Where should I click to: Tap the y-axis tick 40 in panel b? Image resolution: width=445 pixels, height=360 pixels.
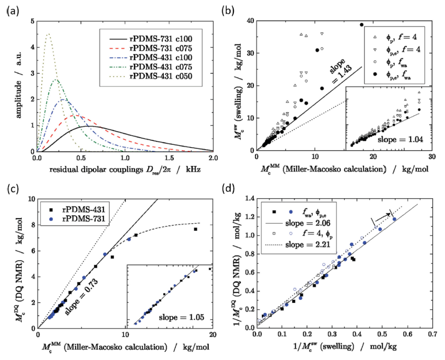click(249, 20)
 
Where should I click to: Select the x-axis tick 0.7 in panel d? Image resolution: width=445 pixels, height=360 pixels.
click(431, 334)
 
